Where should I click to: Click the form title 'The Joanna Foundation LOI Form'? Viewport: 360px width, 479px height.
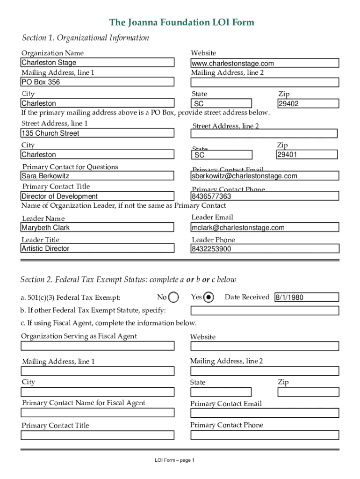(181, 22)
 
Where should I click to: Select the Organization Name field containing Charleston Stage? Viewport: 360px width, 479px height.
(97, 63)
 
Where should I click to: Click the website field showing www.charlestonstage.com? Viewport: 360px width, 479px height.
(265, 63)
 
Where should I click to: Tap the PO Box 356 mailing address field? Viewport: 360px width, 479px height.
(97, 82)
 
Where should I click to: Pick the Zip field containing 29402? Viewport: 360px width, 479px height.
(307, 103)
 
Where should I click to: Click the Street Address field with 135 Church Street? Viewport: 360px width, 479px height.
(97, 133)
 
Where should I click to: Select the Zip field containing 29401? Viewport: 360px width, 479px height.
(307, 155)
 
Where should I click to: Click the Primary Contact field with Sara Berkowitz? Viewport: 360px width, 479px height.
(97, 176)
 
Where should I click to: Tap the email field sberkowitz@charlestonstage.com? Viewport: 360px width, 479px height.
(265, 176)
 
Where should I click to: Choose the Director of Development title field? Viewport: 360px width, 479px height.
(97, 196)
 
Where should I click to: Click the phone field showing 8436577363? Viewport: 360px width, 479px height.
(265, 196)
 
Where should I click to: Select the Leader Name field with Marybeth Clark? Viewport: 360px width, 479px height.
(97, 228)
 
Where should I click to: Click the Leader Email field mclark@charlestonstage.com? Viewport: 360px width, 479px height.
(265, 228)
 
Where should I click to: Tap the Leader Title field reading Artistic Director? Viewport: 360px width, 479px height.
(97, 249)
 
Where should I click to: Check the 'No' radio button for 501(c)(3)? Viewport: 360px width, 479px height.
(173, 298)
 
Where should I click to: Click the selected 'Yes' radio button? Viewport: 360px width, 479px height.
(209, 298)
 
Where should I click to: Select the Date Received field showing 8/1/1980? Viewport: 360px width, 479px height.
(306, 297)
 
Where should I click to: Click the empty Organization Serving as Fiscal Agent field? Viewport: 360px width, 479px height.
(97, 346)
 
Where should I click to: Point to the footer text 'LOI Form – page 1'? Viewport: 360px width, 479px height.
(174, 460)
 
